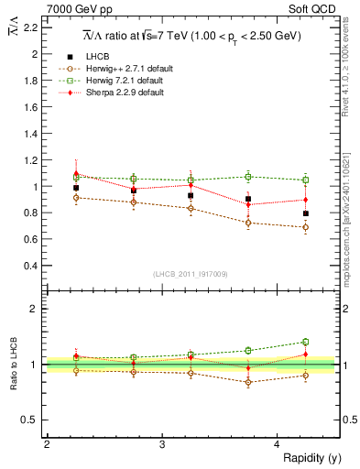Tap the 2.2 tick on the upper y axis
(33, 27)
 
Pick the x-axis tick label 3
(162, 444)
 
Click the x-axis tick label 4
(278, 444)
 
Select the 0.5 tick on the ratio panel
(33, 420)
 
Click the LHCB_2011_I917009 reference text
(190, 274)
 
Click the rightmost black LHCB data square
(306, 213)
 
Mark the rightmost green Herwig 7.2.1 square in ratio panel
(306, 342)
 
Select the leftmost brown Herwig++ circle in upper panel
(76, 197)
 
